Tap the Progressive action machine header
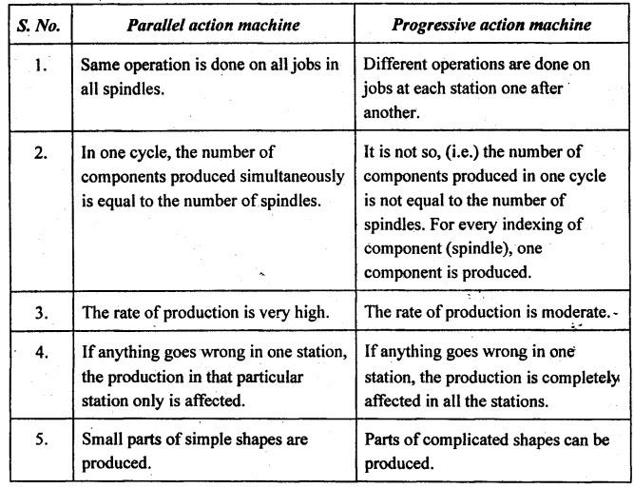tap(491, 26)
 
